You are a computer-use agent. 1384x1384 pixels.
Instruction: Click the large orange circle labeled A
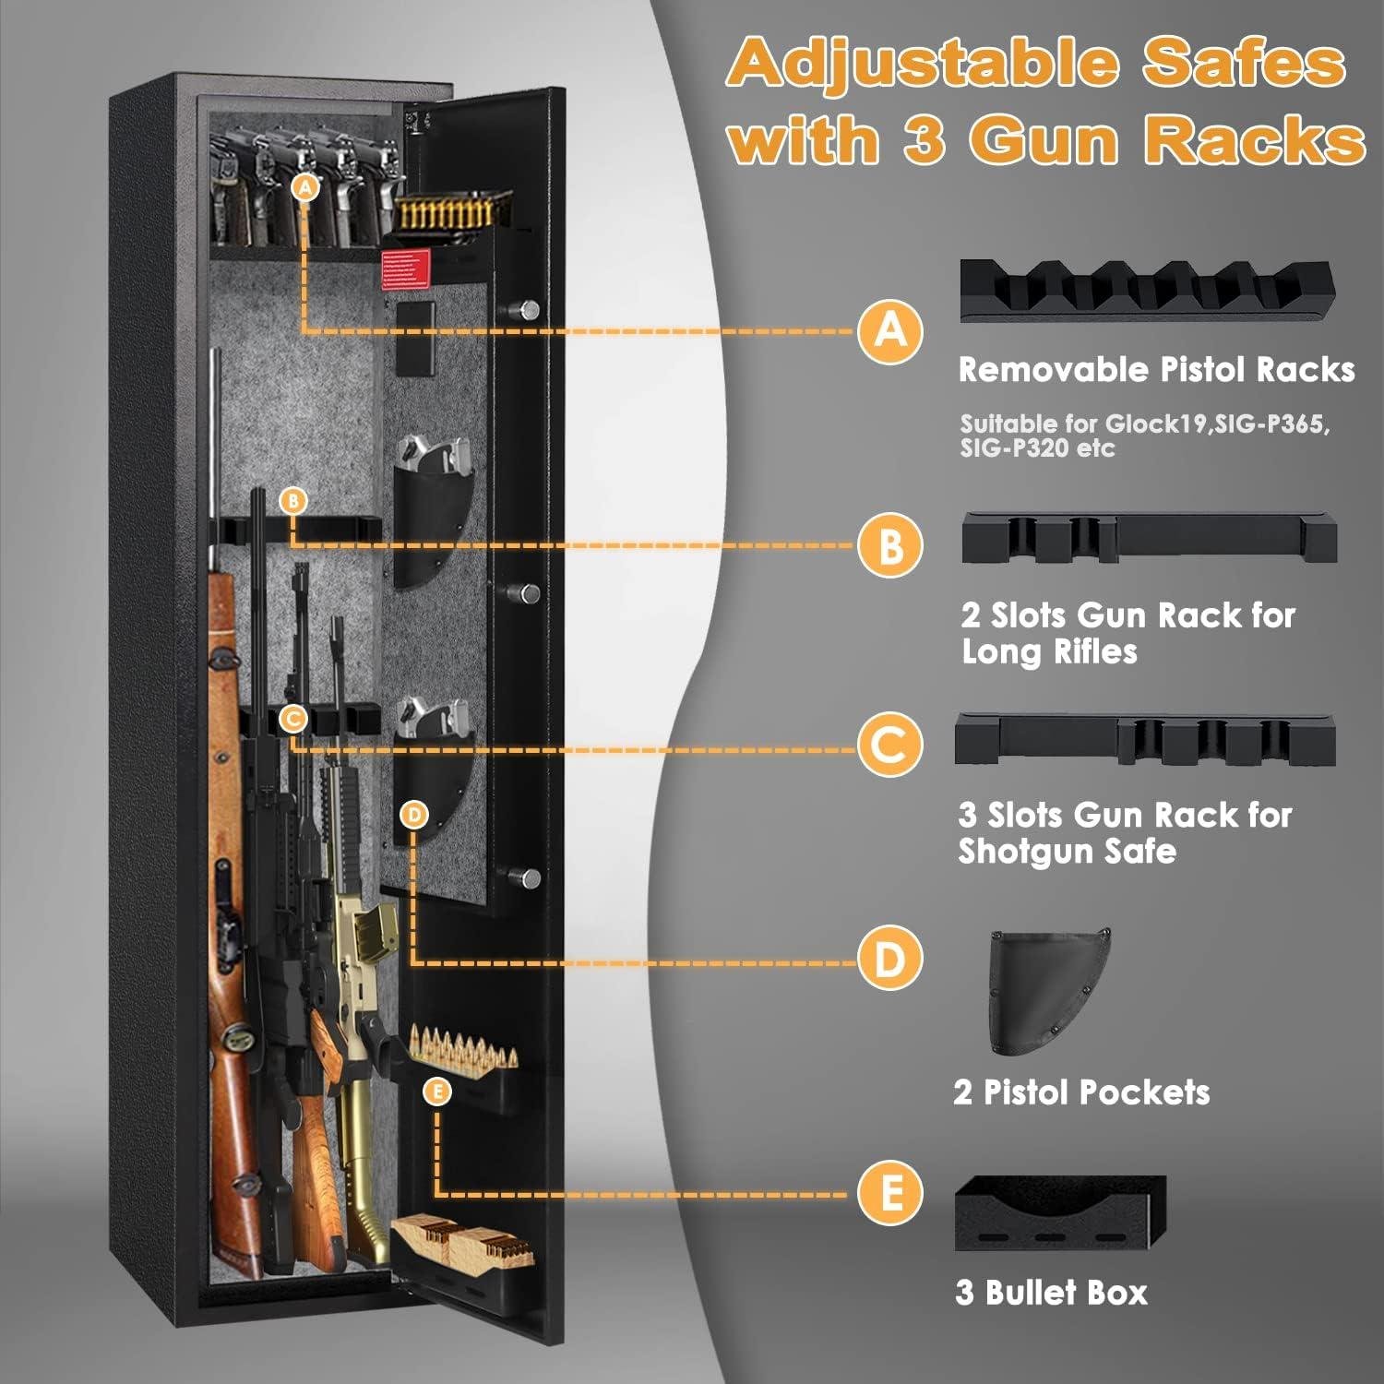(889, 329)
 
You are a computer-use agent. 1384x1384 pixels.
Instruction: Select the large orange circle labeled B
(889, 545)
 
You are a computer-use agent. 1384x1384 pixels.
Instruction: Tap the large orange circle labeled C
(889, 745)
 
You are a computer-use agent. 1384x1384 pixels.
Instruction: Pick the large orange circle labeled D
(889, 960)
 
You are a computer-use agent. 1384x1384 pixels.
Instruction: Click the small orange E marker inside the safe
(437, 1092)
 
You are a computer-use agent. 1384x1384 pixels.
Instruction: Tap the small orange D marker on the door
(414, 815)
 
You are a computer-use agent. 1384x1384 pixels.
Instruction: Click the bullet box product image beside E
(1059, 1214)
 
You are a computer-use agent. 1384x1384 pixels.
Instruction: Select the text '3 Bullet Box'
(1051, 1293)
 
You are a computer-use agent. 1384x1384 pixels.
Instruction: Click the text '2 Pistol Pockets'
(1081, 1092)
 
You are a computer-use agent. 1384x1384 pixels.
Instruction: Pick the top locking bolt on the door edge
(528, 309)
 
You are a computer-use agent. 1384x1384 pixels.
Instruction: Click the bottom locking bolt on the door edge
(528, 877)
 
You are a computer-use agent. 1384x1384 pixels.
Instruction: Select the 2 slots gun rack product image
(1148, 539)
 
